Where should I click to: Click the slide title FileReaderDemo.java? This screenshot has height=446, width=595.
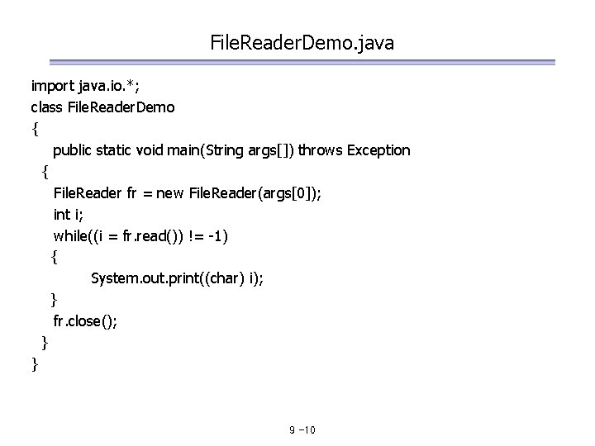(x=302, y=41)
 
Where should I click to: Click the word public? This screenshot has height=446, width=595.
(x=74, y=150)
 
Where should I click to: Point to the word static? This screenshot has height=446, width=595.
(x=121, y=150)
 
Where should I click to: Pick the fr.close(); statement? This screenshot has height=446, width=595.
(x=85, y=321)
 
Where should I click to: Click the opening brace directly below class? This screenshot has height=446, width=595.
(x=34, y=129)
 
